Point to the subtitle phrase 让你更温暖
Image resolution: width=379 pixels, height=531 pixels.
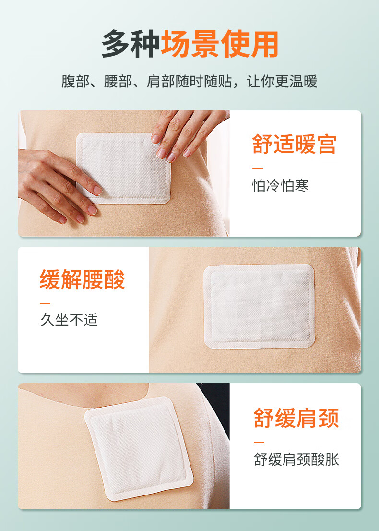click(282, 82)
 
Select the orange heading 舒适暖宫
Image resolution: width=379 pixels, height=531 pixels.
click(295, 144)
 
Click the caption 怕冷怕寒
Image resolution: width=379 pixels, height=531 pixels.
click(280, 186)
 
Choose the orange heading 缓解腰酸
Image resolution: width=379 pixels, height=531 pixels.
click(82, 279)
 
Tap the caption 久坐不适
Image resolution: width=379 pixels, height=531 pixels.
click(69, 320)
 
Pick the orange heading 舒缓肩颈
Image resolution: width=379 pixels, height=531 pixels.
click(296, 418)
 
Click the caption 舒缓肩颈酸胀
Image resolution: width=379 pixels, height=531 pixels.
click(296, 459)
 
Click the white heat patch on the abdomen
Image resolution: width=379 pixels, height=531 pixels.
click(123, 168)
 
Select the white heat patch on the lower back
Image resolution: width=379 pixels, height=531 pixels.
click(259, 306)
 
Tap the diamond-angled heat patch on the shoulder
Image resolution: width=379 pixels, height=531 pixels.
click(139, 448)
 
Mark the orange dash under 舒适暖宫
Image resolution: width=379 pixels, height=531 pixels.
click(258, 168)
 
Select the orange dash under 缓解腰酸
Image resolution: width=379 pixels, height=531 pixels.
click(45, 303)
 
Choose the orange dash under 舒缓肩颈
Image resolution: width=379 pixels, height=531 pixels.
click(259, 442)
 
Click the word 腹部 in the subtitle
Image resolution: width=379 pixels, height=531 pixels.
click(75, 82)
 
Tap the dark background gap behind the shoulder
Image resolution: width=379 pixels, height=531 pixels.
click(216, 406)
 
